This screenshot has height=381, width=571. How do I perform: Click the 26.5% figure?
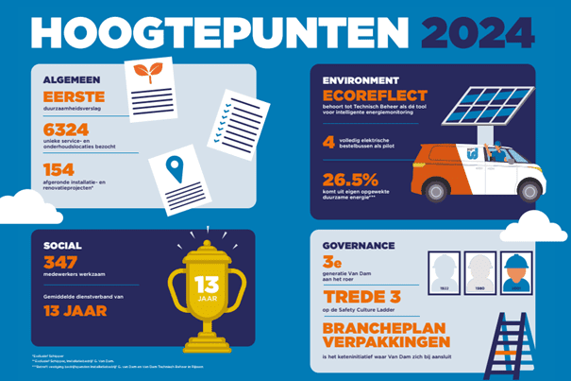coord(352,180)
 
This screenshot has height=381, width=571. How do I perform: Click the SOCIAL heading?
coord(62,245)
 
